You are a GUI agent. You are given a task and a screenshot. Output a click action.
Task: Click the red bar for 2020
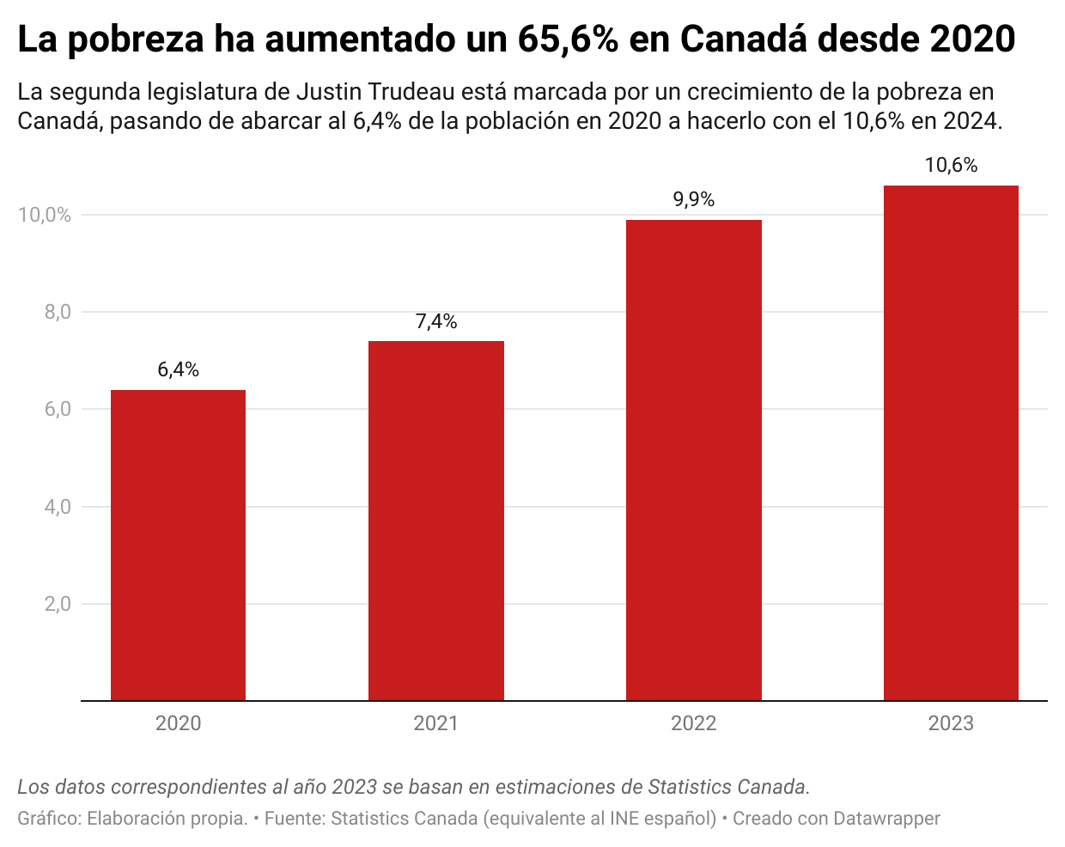[x=178, y=545]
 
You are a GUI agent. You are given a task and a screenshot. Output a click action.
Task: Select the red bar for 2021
[x=435, y=521]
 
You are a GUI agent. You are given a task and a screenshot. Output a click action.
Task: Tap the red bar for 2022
[x=693, y=460]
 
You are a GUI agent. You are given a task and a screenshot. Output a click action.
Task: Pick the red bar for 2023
[x=951, y=442]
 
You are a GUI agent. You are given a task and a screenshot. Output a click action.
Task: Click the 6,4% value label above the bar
[x=178, y=369]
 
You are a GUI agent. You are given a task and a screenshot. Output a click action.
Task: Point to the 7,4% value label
[x=435, y=321]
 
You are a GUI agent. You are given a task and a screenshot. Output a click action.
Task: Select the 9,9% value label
[x=693, y=199]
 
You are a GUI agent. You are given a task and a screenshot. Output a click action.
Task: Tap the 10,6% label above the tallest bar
[x=951, y=165]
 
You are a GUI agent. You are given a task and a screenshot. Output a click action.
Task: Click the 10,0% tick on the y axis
[x=45, y=215]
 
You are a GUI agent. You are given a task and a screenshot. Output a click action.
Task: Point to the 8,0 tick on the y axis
[x=58, y=312]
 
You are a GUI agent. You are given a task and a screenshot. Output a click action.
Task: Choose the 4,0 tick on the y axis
[x=58, y=507]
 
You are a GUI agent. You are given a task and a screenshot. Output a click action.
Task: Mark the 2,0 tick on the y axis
[x=58, y=604]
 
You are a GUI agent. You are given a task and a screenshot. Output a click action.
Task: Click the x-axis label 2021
[x=435, y=723]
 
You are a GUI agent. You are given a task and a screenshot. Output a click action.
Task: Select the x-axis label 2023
[x=951, y=723]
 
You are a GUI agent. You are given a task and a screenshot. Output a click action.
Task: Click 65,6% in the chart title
[x=568, y=40]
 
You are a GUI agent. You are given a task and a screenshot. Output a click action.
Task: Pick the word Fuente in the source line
[x=295, y=819]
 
